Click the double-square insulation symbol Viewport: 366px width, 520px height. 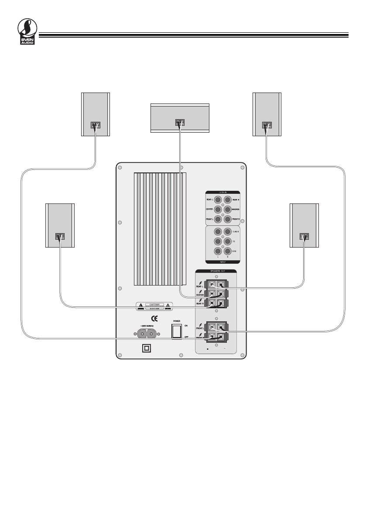[147, 348]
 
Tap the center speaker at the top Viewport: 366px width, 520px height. [180, 118]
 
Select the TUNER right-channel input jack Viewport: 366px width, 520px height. [227, 232]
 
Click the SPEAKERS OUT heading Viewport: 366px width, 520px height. [216, 271]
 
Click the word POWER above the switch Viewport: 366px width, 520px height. [176, 320]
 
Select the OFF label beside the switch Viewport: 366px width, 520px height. [186, 337]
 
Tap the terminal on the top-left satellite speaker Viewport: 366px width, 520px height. [96, 124]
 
